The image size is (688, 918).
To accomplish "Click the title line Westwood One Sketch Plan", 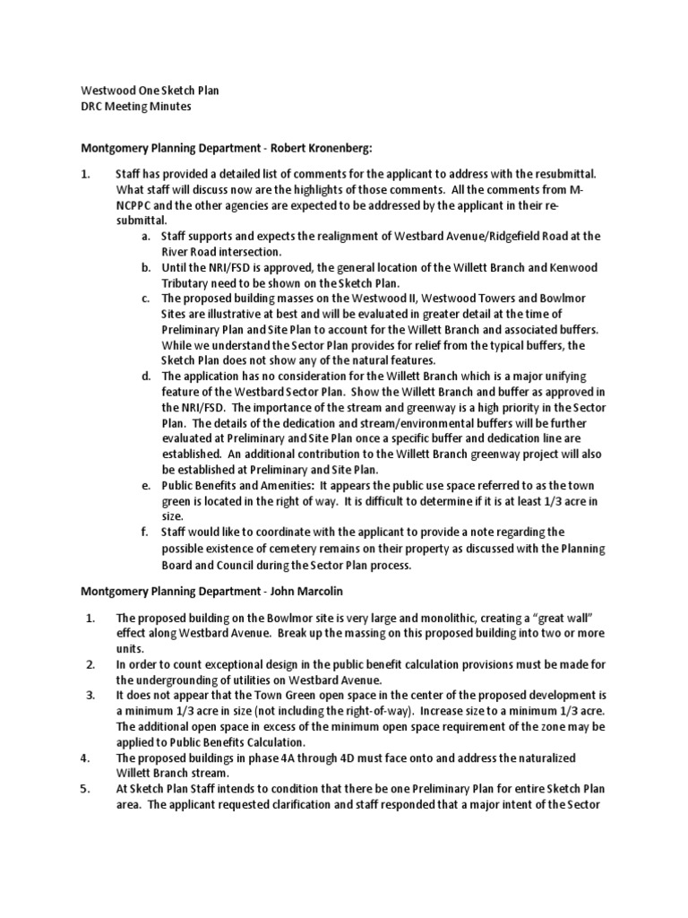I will (150, 91).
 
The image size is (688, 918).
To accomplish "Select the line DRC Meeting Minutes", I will (136, 107).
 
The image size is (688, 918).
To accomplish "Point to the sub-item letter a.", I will (145, 236).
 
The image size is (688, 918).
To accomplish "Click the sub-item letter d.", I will (145, 376).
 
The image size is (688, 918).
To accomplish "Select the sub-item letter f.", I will (144, 532).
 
